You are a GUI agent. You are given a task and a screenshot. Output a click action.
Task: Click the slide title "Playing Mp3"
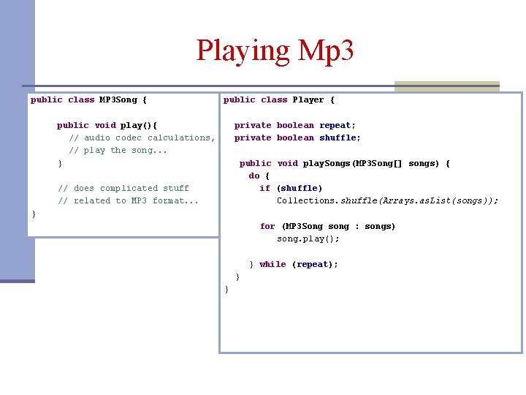(x=275, y=50)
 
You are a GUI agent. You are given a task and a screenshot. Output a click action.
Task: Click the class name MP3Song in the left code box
(x=118, y=99)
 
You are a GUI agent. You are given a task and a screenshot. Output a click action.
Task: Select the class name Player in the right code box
(x=308, y=99)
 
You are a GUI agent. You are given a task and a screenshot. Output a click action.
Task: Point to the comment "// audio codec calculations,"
(x=142, y=138)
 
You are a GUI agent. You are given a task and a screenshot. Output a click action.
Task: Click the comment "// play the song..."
(x=118, y=150)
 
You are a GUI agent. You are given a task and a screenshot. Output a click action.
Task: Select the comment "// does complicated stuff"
(x=123, y=188)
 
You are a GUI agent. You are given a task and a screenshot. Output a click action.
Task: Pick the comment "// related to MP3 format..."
(x=128, y=200)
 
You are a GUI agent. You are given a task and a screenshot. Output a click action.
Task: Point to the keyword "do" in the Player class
(x=254, y=176)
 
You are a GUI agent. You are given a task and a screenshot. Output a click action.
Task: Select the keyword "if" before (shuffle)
(x=264, y=188)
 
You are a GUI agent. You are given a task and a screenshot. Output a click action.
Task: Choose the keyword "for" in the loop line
(x=267, y=226)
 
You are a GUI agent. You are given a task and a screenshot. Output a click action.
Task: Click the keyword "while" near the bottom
(x=272, y=264)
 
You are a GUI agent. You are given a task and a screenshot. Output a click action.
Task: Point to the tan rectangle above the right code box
(x=446, y=86)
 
